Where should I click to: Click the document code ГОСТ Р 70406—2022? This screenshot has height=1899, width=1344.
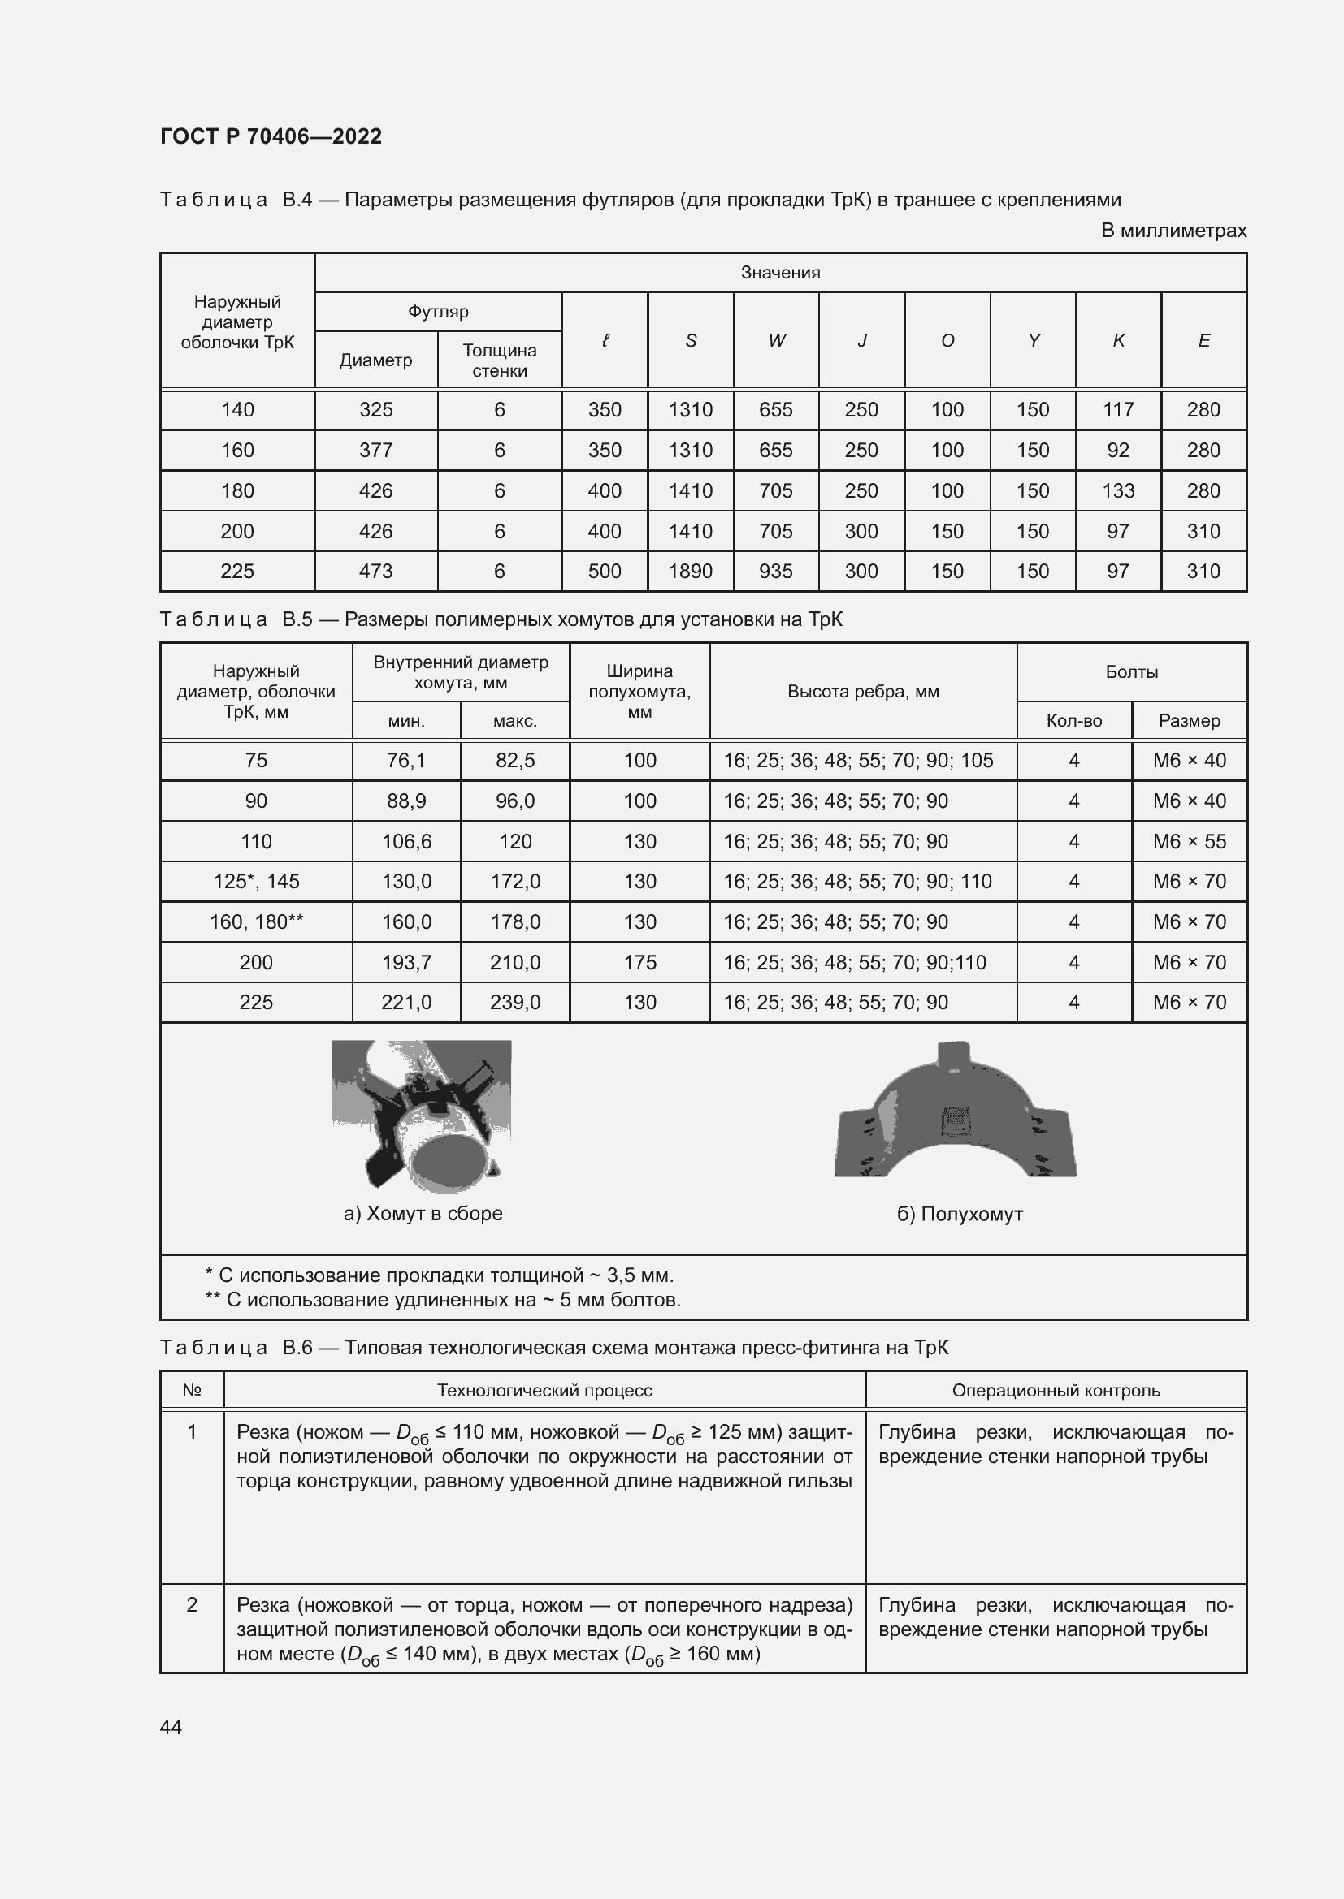[x=271, y=136]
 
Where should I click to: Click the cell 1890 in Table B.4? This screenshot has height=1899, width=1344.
[x=690, y=572]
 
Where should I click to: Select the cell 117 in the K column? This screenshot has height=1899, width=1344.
[x=1117, y=409]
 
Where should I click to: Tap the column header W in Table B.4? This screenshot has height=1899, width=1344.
[x=775, y=341]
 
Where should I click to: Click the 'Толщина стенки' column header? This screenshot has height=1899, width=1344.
[x=499, y=360]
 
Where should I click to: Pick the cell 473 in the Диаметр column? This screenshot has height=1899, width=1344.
[x=375, y=572]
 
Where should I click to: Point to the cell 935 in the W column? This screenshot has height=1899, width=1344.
[x=775, y=572]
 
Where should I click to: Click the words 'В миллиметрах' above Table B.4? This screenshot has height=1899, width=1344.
[x=1173, y=231]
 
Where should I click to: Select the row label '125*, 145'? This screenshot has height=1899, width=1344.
[x=256, y=882]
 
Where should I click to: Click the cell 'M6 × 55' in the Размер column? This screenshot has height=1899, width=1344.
[x=1189, y=841]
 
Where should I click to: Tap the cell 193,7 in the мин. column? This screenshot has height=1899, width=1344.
[x=406, y=963]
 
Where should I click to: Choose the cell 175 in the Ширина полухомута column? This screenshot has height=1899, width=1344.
[x=639, y=963]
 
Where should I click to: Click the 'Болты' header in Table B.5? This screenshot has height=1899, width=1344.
[x=1130, y=672]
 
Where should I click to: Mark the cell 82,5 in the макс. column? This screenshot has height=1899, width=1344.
[x=514, y=761]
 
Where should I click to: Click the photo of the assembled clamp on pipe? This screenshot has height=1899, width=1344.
[x=421, y=1116]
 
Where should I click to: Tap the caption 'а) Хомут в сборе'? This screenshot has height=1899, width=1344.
[x=423, y=1213]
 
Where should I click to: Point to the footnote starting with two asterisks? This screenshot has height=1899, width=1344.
[x=443, y=1300]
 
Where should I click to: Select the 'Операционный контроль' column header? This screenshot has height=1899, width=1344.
[x=1056, y=1390]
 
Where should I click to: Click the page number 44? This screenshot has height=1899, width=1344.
[x=171, y=1727]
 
